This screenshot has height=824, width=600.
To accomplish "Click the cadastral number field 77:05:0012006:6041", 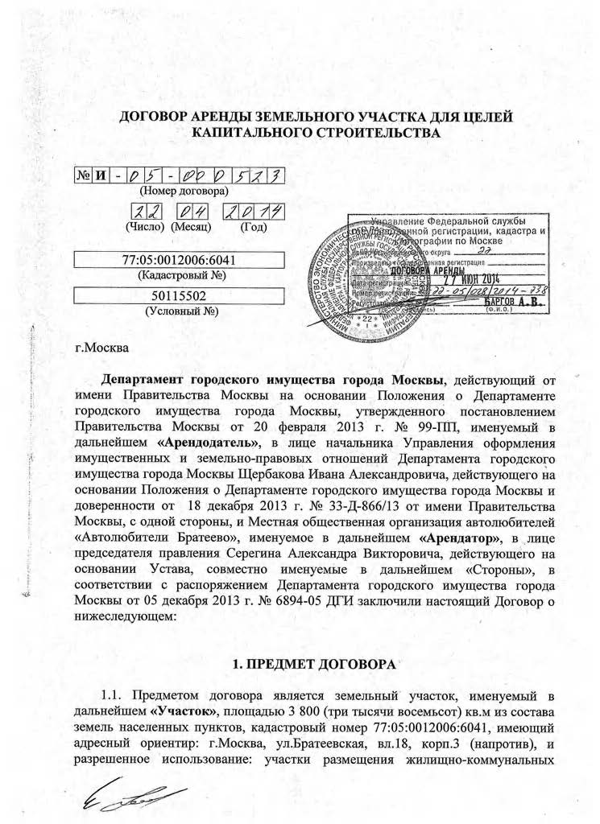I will (179, 260).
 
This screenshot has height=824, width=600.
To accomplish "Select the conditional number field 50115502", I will (179, 296).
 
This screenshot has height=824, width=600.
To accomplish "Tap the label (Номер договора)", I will (184, 192).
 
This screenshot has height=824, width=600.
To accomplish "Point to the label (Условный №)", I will (179, 311).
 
